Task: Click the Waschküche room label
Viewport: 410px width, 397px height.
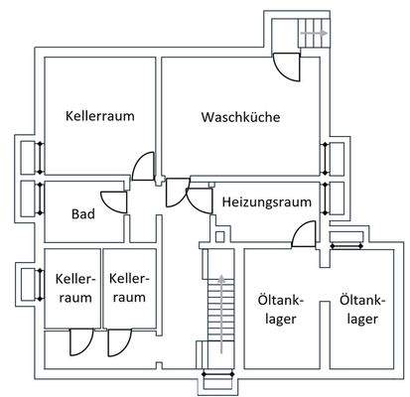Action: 240,117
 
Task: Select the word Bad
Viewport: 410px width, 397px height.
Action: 82,213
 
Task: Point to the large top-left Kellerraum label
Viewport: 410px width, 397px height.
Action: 99,115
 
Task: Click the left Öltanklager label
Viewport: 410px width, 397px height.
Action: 278,309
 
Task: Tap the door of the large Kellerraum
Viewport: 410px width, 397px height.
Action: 143,164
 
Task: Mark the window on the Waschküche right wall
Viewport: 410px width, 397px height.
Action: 326,157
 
